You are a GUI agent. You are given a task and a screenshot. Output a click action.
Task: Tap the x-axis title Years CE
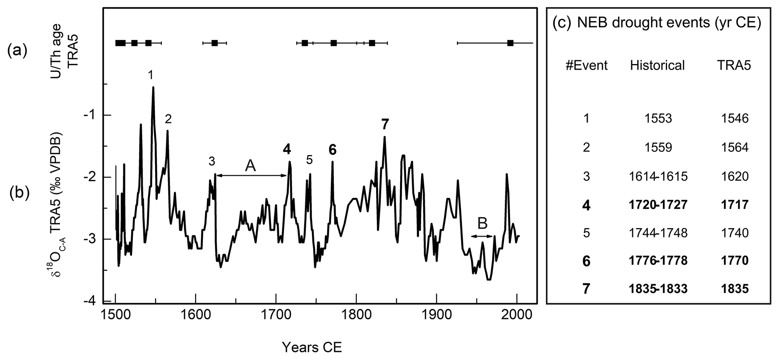coord(312,347)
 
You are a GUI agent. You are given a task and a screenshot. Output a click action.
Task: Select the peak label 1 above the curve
coord(151,75)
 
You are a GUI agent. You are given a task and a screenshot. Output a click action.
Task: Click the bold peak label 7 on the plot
coord(385,124)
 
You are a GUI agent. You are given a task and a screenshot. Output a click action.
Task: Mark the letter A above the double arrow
coord(250,166)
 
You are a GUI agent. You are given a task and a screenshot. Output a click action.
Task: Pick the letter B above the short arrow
coord(482,223)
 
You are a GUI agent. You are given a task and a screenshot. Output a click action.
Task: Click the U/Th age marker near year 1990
coord(510,43)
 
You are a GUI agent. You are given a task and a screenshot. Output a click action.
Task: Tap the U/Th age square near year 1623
coord(215,43)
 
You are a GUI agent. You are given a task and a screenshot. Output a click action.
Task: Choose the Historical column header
coord(658,66)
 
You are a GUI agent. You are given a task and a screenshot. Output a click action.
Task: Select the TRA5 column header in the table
coord(734,66)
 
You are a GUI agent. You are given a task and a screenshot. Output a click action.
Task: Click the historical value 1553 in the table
coord(658,119)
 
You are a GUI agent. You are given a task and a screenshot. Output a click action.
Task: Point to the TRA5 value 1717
coord(734,204)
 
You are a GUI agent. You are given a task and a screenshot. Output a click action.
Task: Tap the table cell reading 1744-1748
coord(658,233)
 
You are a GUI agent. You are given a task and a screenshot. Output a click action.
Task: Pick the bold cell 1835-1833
coord(658,289)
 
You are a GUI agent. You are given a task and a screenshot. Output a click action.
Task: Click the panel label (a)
coord(17,50)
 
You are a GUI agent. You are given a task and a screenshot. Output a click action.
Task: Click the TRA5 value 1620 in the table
coord(734,176)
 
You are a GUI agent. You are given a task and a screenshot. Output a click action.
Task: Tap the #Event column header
coord(586,66)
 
